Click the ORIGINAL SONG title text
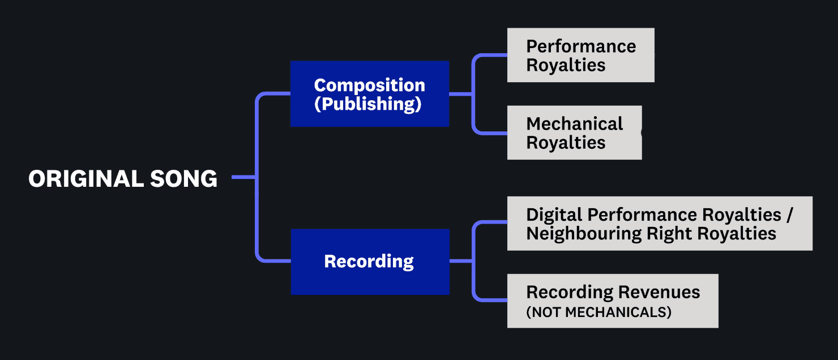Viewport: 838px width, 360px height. coord(123,178)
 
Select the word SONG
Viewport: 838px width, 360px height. coord(183,178)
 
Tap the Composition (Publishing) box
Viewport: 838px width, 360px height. coord(370,94)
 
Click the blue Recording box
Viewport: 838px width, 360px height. coord(370,262)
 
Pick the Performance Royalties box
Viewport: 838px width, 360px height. coord(580,55)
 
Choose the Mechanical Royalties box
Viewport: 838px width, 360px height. coord(575,132)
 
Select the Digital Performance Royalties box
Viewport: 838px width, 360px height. coord(660,224)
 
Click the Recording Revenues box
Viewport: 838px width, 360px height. coord(613,301)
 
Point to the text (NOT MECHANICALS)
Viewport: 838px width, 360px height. coord(598,312)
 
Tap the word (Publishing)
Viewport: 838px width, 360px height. coord(367,104)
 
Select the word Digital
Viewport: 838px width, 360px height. coord(555,215)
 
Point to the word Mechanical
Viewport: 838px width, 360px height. coord(575,124)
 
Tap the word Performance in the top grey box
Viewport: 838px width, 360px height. coord(581,46)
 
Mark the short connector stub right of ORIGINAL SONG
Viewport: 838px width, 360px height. coord(244,177)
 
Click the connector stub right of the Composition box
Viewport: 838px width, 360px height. coord(461,94)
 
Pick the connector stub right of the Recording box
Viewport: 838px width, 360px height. coord(461,261)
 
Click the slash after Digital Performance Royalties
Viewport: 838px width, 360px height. coord(789,215)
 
